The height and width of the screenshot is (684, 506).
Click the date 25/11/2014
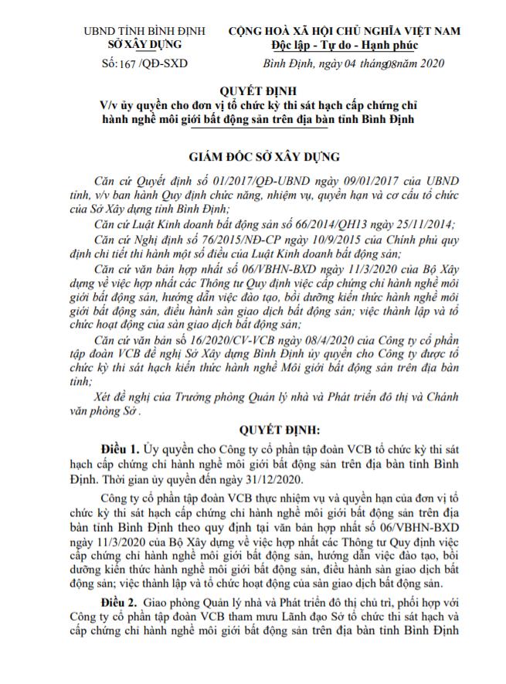[x=417, y=223]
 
